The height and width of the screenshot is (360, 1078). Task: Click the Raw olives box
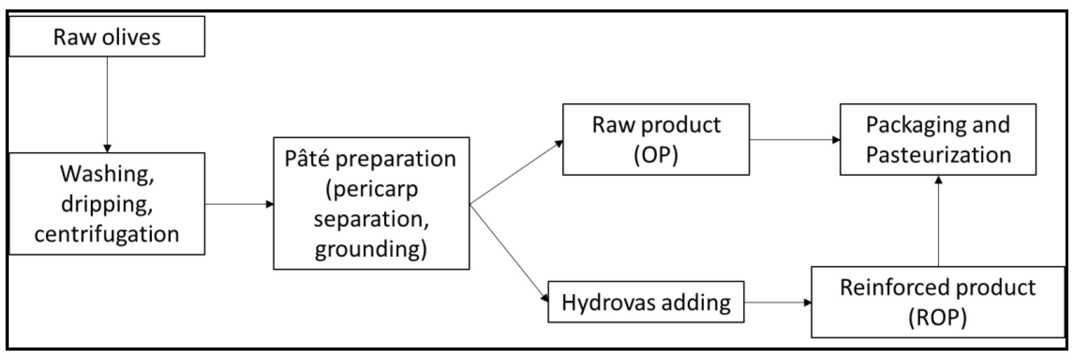[x=107, y=37]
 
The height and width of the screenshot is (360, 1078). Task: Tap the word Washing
[x=107, y=174]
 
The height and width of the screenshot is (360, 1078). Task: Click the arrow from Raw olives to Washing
[x=107, y=105]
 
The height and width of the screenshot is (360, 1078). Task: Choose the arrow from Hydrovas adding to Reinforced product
[x=778, y=302]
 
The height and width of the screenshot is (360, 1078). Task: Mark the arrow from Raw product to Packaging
[x=794, y=139]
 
